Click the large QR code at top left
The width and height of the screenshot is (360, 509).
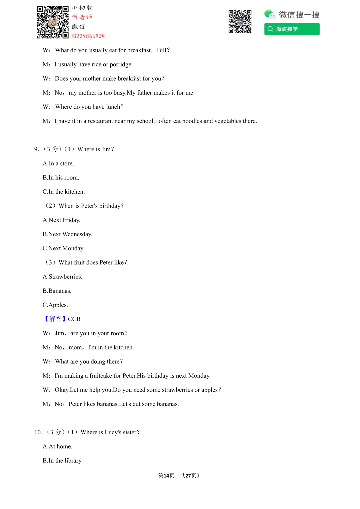(52, 22)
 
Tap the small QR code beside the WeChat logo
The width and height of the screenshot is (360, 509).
(240, 22)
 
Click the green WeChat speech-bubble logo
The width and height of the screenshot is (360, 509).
(269, 14)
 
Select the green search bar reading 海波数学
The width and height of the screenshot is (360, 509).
(292, 29)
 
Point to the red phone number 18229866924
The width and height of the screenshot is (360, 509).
(88, 36)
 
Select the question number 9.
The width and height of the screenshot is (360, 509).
(36, 149)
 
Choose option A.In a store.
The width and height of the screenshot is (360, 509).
(58, 163)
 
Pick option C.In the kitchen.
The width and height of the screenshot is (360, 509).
(64, 192)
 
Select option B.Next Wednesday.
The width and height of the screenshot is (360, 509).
(67, 234)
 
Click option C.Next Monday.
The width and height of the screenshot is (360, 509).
(63, 248)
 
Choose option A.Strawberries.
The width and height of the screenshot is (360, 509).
(62, 277)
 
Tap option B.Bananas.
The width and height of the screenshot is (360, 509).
(57, 291)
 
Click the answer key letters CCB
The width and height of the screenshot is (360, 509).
(74, 319)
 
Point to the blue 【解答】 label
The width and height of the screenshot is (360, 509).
(55, 319)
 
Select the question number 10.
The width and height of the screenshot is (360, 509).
(38, 432)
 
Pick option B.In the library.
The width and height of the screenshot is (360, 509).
(63, 461)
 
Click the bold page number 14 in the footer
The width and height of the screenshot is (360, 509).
(166, 476)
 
